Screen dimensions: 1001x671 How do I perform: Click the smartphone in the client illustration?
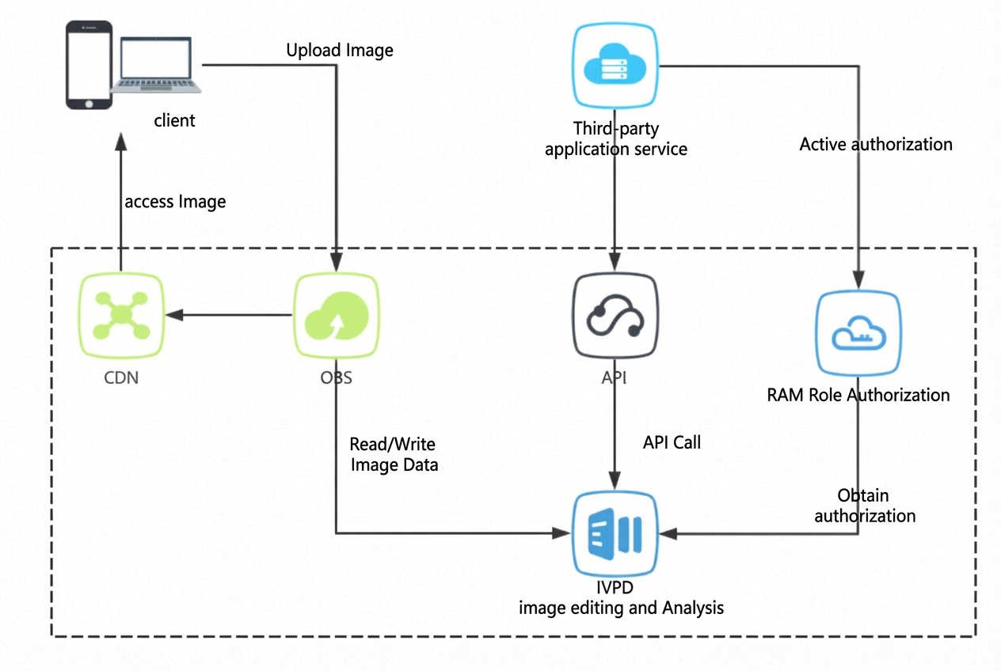click(x=89, y=65)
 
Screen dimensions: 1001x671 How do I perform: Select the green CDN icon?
click(x=121, y=316)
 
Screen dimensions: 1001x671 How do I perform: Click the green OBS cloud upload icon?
click(x=337, y=316)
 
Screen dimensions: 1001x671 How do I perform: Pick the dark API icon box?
click(x=615, y=316)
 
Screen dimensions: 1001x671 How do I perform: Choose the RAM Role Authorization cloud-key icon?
click(x=858, y=333)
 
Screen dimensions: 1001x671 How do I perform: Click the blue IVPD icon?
click(x=615, y=533)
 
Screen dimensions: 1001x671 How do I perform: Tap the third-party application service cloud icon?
click(x=615, y=66)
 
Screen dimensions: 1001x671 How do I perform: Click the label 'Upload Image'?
click(x=340, y=50)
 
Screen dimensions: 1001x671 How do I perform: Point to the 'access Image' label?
click(x=175, y=202)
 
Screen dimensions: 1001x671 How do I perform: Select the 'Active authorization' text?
click(x=876, y=144)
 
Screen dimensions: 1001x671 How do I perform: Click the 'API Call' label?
click(x=672, y=442)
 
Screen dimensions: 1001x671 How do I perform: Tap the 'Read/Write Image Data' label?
click(x=394, y=454)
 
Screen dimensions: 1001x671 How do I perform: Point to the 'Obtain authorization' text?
click(x=865, y=506)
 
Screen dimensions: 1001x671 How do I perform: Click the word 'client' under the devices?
click(x=174, y=120)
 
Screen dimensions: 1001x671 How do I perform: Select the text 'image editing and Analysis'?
click(x=621, y=608)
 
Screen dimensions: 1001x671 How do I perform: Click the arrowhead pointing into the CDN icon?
click(x=174, y=315)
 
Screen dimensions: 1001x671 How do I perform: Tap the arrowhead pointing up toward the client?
click(x=121, y=142)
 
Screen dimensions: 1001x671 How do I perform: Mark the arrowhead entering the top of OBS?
click(x=336, y=262)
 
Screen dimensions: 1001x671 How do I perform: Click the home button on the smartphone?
click(x=89, y=104)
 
